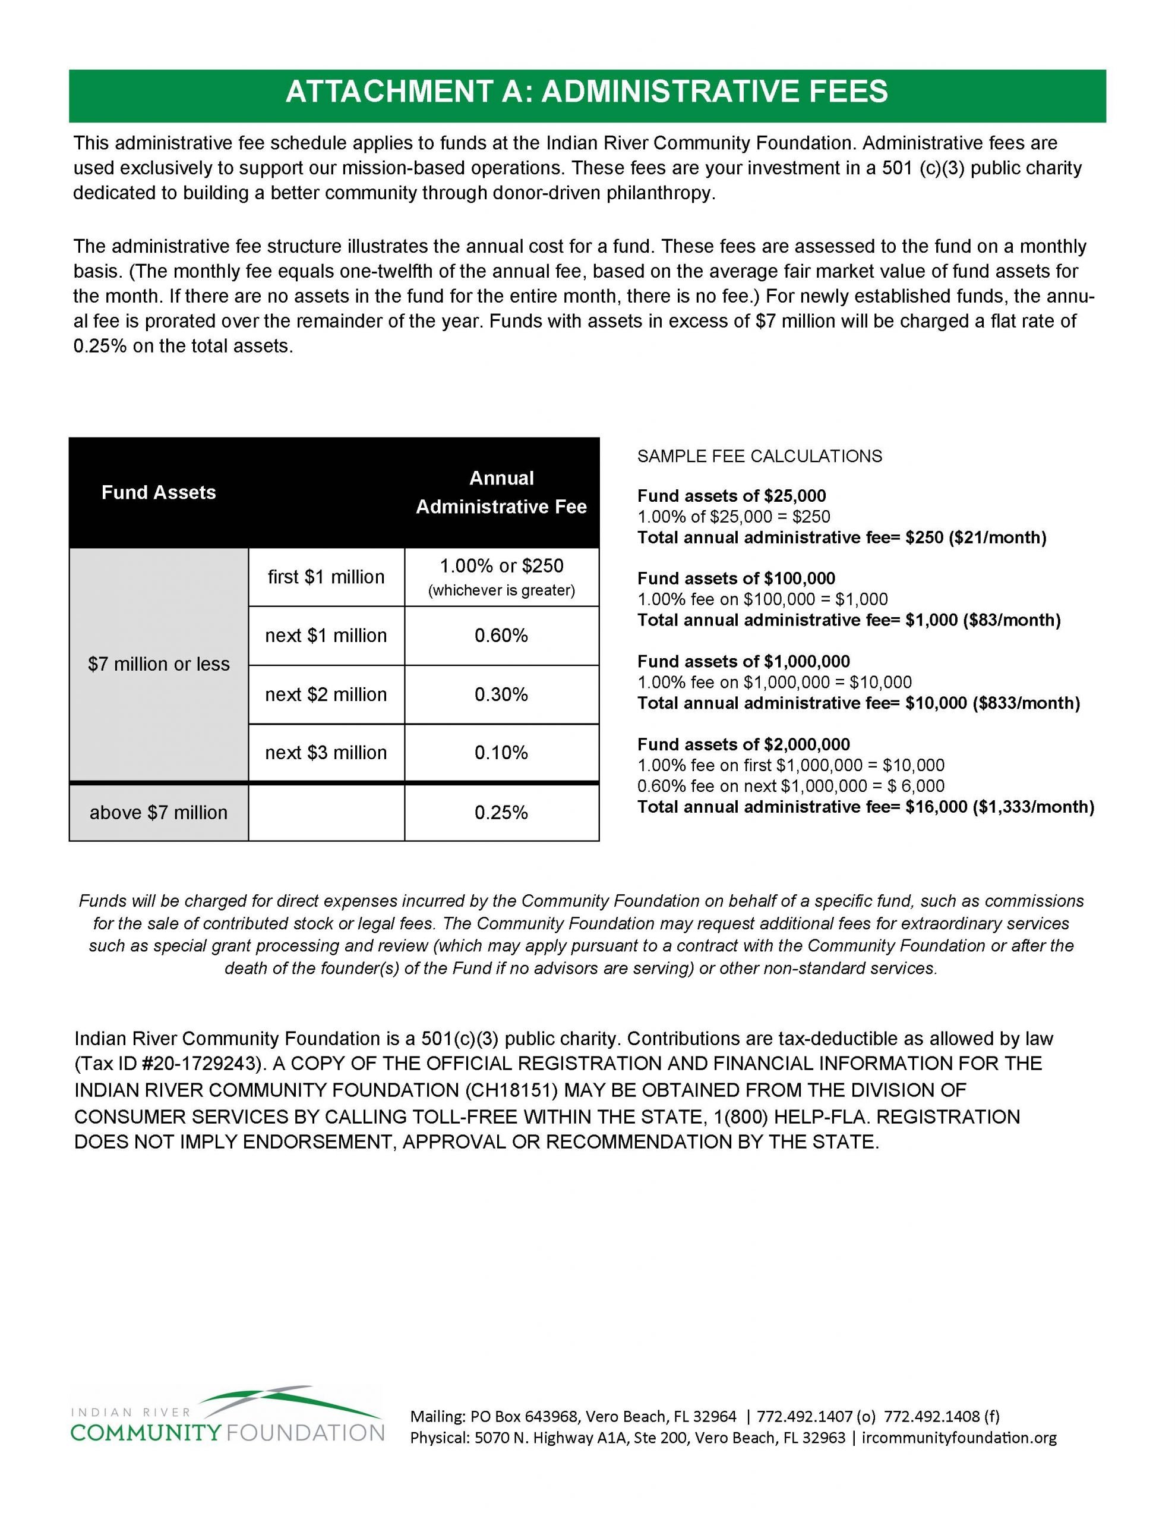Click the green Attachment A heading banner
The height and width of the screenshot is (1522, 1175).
587,92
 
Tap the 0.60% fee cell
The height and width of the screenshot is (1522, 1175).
501,636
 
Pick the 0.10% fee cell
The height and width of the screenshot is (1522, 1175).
501,753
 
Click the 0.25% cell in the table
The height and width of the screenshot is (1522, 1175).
501,813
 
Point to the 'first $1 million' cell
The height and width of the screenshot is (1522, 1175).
326,577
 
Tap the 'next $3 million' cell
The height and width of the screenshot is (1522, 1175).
326,753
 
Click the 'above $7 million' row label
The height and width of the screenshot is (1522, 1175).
159,813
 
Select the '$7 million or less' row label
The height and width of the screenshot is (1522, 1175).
159,664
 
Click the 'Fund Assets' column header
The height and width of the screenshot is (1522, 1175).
159,492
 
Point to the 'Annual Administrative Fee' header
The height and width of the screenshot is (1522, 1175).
501,492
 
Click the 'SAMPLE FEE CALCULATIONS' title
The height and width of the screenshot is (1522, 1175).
759,457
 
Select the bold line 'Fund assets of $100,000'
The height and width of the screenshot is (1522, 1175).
736,578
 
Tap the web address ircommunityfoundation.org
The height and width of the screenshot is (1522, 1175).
959,1438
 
